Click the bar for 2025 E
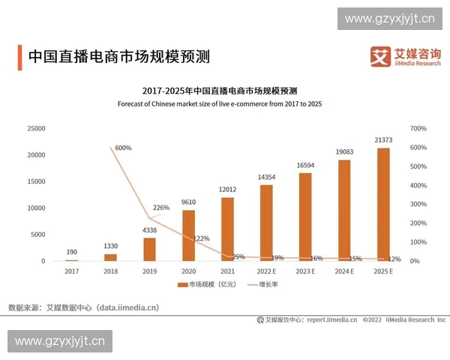(x=383, y=204)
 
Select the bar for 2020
(x=188, y=235)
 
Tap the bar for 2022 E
(x=266, y=223)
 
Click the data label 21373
(x=383, y=139)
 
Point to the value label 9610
(x=188, y=202)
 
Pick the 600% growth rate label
(x=123, y=148)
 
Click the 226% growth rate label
(x=161, y=208)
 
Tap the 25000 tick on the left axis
(x=35, y=128)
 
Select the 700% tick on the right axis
(x=418, y=128)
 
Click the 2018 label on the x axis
(x=110, y=271)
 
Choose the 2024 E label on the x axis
(x=344, y=271)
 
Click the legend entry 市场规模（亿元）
(x=205, y=285)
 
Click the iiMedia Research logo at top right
(x=404, y=56)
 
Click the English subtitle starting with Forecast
(x=220, y=103)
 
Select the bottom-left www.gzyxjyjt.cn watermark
(x=59, y=341)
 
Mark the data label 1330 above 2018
(x=110, y=246)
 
